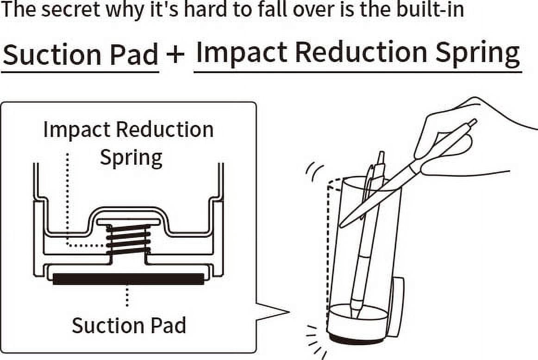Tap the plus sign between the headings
point(175,54)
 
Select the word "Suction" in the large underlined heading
point(51,55)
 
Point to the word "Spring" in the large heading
point(478,54)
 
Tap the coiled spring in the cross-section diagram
point(128,240)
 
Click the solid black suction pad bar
point(128,279)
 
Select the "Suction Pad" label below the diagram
point(129,325)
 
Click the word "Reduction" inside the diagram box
point(164,130)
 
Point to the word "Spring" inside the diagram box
point(131,158)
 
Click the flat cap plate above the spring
point(128,222)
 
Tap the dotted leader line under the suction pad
point(127,297)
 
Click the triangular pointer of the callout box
point(272,312)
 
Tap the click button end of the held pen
point(473,123)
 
